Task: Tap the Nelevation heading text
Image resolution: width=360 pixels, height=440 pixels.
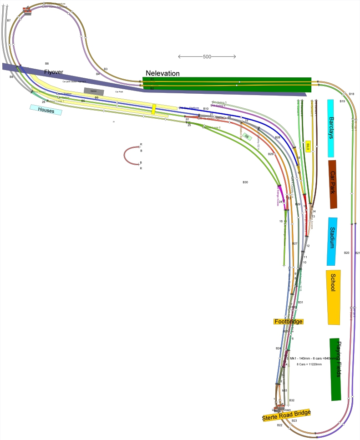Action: (x=162, y=73)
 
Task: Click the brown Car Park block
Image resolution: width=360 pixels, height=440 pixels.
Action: (x=333, y=184)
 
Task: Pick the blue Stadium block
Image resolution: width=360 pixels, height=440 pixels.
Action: (x=332, y=241)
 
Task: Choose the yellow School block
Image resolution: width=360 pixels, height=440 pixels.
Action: (x=333, y=297)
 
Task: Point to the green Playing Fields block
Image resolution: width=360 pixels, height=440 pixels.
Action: (x=335, y=369)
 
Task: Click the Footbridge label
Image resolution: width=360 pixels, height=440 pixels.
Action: (x=288, y=321)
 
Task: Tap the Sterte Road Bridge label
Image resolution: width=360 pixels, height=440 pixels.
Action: (x=286, y=415)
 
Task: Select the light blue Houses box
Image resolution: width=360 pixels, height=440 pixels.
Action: (x=46, y=110)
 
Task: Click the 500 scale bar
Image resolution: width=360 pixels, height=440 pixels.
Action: (x=207, y=57)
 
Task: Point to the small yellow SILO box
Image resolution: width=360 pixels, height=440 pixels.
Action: (x=308, y=146)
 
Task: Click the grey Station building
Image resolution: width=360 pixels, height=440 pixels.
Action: (x=94, y=91)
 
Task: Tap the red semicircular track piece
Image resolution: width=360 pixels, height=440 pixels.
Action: (x=131, y=155)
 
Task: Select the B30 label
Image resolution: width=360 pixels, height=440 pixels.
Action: (x=245, y=182)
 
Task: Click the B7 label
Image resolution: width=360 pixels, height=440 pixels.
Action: (x=9, y=21)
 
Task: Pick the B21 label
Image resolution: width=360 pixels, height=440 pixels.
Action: (x=357, y=253)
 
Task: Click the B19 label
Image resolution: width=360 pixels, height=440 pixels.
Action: (x=342, y=101)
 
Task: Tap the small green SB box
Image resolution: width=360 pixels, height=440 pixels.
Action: (x=247, y=136)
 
